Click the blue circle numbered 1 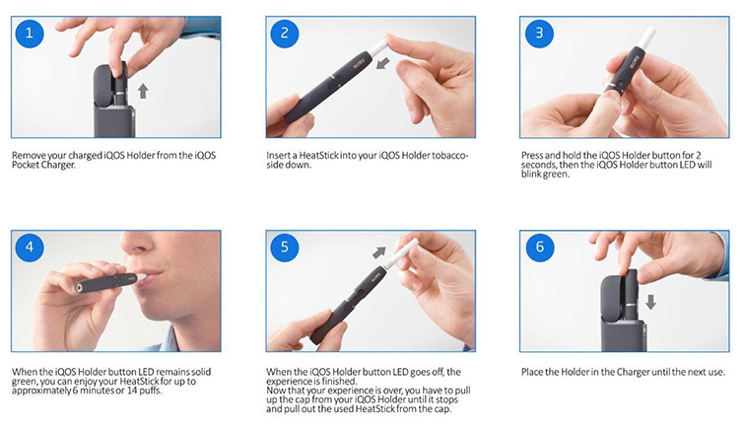click(30, 33)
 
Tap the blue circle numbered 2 click(285, 33)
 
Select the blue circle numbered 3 click(539, 33)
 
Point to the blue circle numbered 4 click(30, 247)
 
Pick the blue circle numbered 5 click(285, 247)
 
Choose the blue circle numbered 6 click(539, 247)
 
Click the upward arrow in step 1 click(143, 91)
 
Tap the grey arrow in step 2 click(382, 63)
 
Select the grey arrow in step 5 click(379, 252)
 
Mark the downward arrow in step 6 click(651, 302)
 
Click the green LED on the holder click(621, 86)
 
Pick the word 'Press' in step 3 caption click(532, 156)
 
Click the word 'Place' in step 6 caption click(532, 372)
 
